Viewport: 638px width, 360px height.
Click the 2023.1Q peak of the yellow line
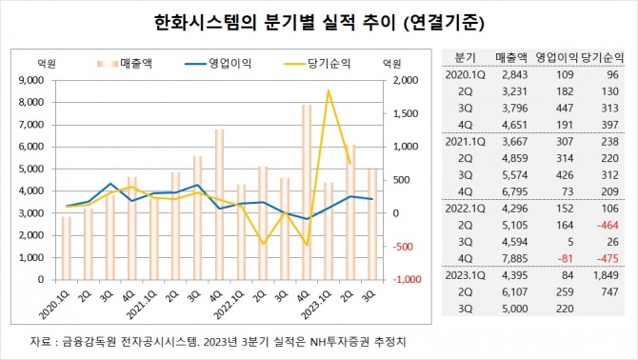328,91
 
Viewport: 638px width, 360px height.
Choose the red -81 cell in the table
559,257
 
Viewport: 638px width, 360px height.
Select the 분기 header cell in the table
466,57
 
